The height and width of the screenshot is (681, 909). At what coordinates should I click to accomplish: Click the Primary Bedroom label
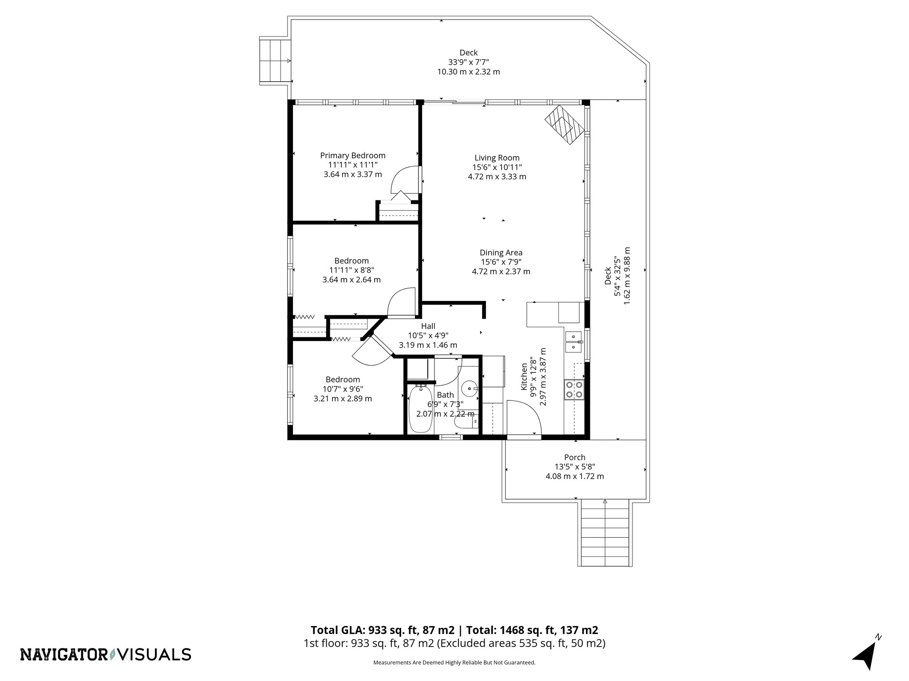[x=352, y=156]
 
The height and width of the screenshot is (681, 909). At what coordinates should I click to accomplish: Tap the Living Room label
[x=497, y=158]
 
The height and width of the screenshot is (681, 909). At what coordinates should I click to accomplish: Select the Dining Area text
[x=501, y=253]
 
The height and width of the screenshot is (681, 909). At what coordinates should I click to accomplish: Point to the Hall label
[x=428, y=326]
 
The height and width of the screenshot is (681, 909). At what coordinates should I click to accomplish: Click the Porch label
[x=574, y=457]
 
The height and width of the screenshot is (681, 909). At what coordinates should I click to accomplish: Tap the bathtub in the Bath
[x=420, y=409]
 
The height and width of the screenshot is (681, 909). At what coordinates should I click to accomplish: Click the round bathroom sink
[x=469, y=389]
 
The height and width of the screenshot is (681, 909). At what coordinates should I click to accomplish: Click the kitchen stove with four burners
[x=573, y=390]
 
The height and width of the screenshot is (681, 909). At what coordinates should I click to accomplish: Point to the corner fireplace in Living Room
[x=564, y=125]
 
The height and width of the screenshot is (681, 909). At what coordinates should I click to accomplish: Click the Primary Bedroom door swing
[x=404, y=180]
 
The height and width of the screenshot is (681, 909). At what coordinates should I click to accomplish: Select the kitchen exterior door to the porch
[x=524, y=419]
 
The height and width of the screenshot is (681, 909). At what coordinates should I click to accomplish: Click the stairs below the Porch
[x=605, y=532]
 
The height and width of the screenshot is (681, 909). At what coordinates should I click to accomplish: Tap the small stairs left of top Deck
[x=275, y=61]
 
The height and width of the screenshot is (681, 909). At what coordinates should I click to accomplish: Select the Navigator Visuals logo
[x=106, y=654]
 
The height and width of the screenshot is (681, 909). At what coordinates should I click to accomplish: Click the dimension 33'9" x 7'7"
[x=468, y=62]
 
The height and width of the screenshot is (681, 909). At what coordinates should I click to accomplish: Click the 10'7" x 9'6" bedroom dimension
[x=343, y=389]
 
